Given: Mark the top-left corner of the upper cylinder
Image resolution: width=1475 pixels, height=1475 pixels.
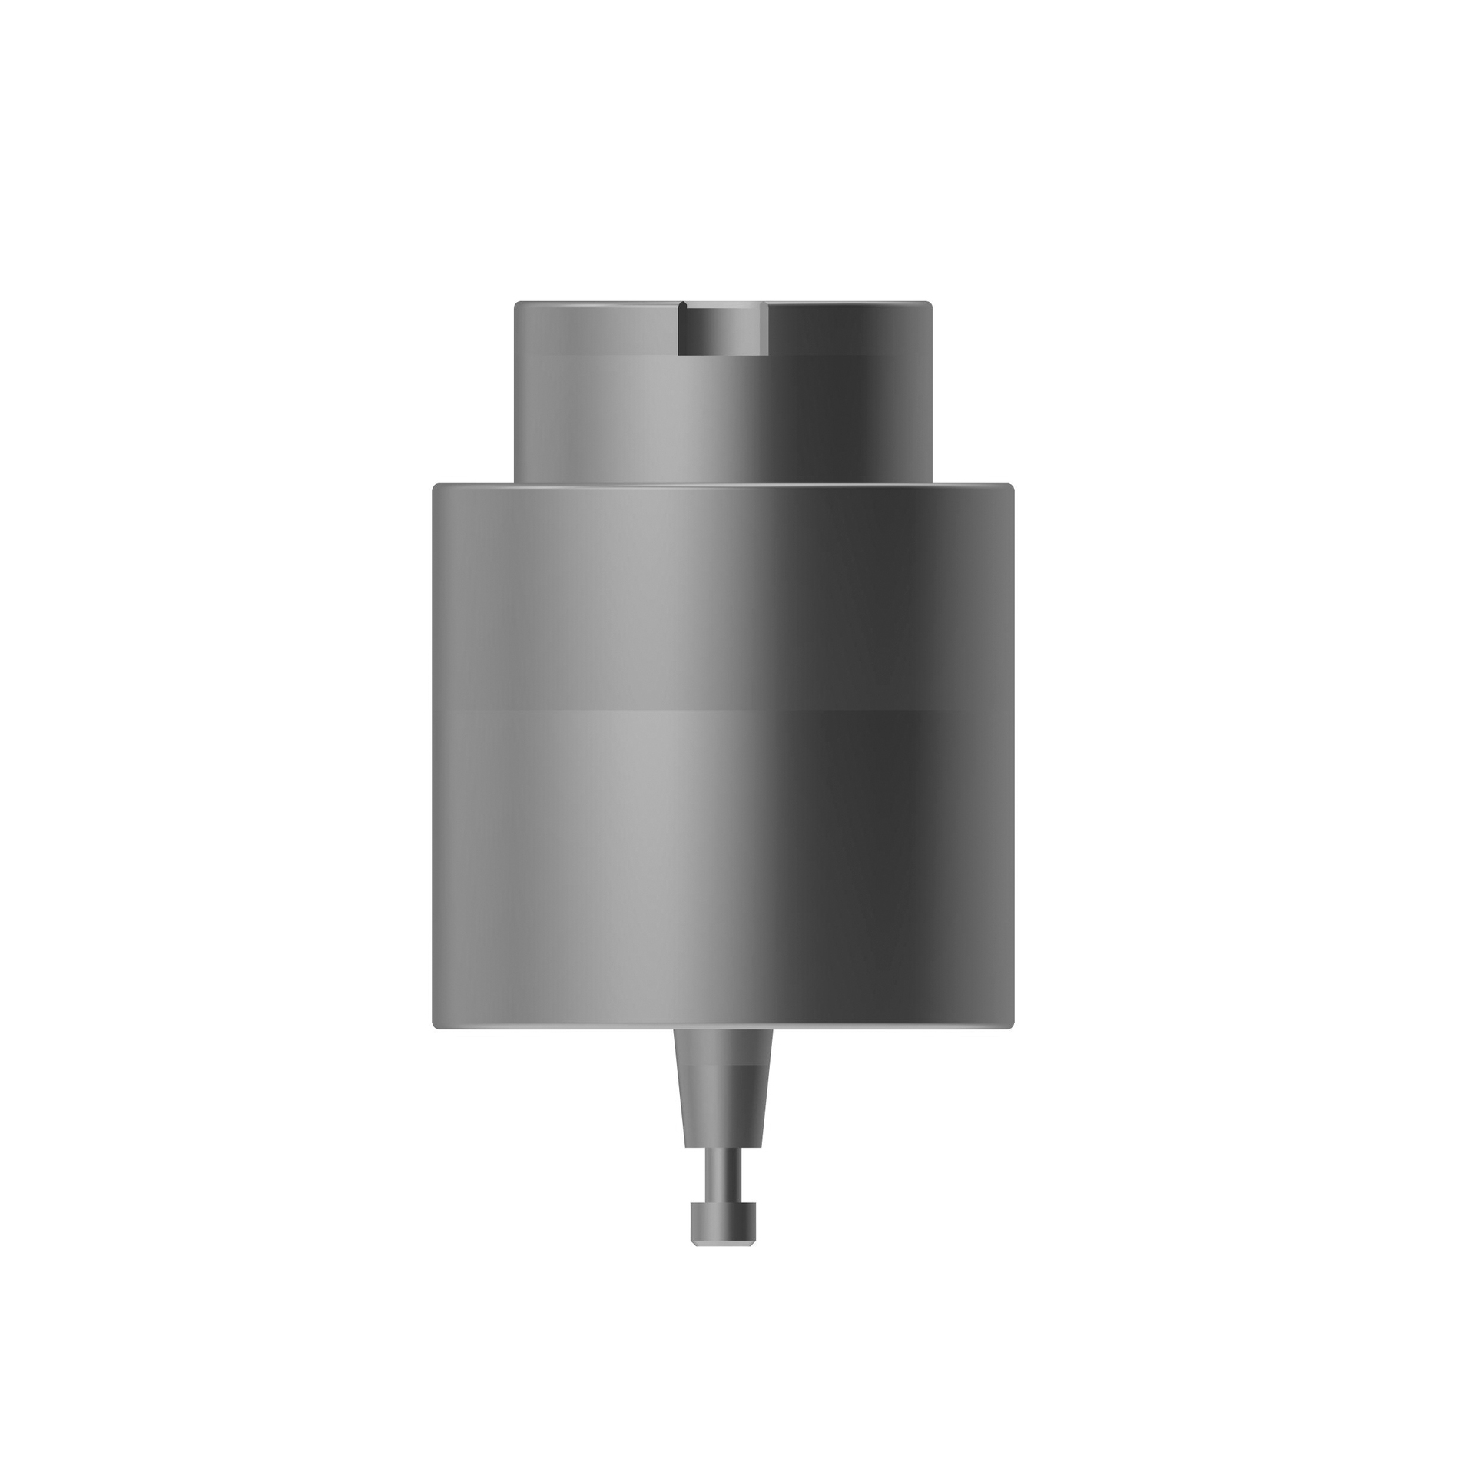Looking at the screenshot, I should (x=516, y=303).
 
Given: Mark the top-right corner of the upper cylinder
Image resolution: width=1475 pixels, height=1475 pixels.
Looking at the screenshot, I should (x=930, y=303).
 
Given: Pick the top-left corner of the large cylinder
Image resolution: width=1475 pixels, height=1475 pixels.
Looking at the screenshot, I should (x=435, y=486).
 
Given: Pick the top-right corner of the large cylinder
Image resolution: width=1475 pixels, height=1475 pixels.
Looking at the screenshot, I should (x=1013, y=486).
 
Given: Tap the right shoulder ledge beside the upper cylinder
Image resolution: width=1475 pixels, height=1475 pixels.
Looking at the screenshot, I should (x=973, y=485).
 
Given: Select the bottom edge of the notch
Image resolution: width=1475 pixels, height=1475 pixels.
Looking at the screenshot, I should (x=723, y=354).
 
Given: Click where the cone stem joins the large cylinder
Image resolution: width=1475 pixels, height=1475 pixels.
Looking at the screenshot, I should (x=723, y=1030).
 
